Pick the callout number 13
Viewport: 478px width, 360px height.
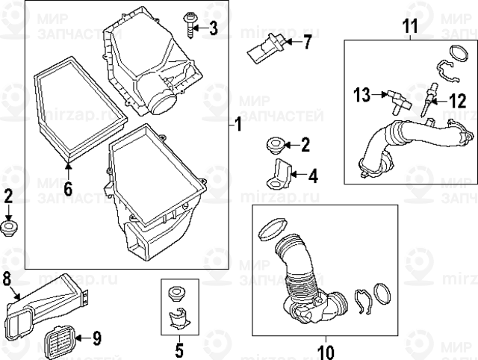click(x=361, y=94)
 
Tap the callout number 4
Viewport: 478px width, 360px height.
click(x=311, y=176)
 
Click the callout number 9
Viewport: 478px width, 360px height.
click(x=96, y=338)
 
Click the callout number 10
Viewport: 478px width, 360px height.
click(x=326, y=348)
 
